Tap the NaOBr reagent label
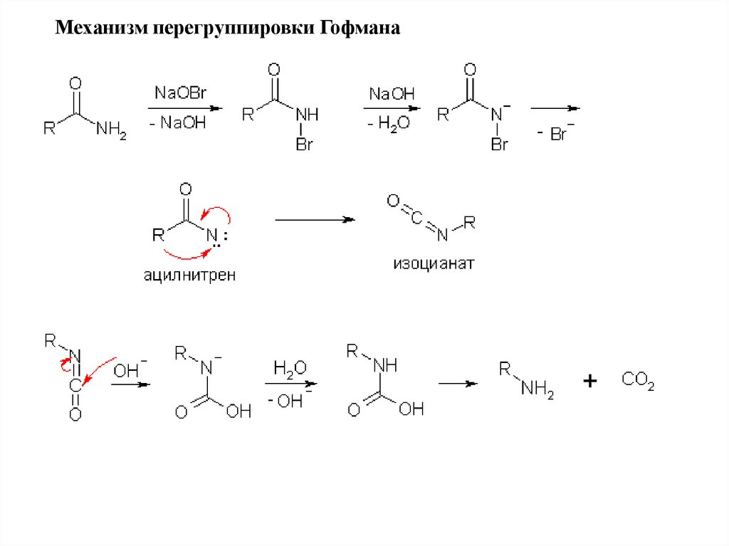180,93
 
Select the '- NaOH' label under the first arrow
179,123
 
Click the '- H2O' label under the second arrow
389,123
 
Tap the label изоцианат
433,265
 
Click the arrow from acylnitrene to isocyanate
315,220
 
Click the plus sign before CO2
589,382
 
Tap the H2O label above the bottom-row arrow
290,368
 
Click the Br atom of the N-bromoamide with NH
305,145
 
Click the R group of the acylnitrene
157,236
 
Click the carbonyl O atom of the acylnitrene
186,189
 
